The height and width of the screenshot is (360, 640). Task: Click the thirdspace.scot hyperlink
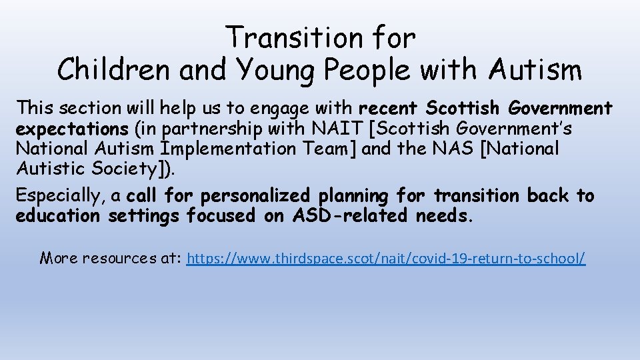click(x=386, y=258)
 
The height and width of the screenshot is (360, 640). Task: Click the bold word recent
click(x=390, y=108)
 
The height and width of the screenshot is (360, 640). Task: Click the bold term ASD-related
click(x=349, y=216)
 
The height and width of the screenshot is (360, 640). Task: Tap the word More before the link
click(x=59, y=257)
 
